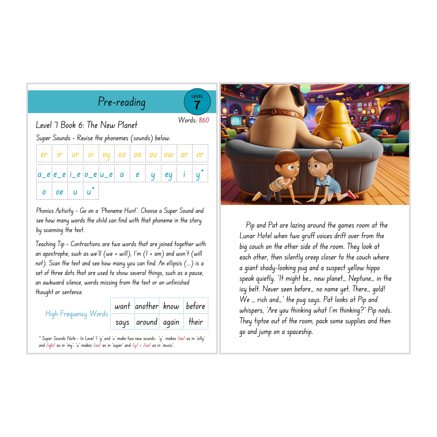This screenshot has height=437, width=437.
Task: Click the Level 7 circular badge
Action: pos(197,102)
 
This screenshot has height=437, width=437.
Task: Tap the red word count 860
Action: pos(204,120)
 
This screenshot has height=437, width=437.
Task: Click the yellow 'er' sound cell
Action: pos(44,155)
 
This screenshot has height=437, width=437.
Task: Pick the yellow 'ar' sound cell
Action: pos(184,155)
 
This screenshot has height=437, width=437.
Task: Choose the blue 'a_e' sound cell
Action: pos(44,174)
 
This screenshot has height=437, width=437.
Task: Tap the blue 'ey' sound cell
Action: pos(169,174)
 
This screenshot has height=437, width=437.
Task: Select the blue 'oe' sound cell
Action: pos(60,192)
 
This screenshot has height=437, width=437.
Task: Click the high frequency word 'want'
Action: pos(122,306)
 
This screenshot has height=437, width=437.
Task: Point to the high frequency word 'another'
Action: pos(147,306)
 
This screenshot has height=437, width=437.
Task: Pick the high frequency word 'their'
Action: pos(196,322)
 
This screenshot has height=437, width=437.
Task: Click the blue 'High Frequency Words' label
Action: pos(77,314)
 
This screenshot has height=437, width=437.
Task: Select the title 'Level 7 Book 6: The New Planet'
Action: pos(86,125)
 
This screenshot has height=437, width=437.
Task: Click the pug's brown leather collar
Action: pos(281,113)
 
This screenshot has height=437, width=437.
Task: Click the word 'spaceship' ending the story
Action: pos(300,332)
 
